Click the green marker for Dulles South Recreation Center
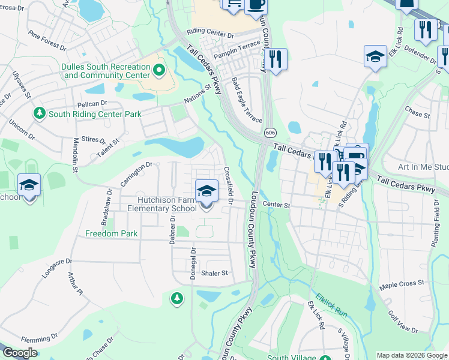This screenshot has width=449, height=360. click(159, 71)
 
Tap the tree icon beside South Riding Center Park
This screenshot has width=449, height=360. click(40, 113)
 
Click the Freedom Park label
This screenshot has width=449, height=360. click(111, 233)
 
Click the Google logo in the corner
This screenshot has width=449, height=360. click(20, 353)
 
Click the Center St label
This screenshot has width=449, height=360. click(276, 205)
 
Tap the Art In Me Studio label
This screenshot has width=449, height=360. click(424, 167)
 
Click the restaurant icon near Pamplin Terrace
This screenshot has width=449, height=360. click(276, 59)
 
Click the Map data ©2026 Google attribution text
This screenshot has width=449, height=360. click(412, 355)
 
